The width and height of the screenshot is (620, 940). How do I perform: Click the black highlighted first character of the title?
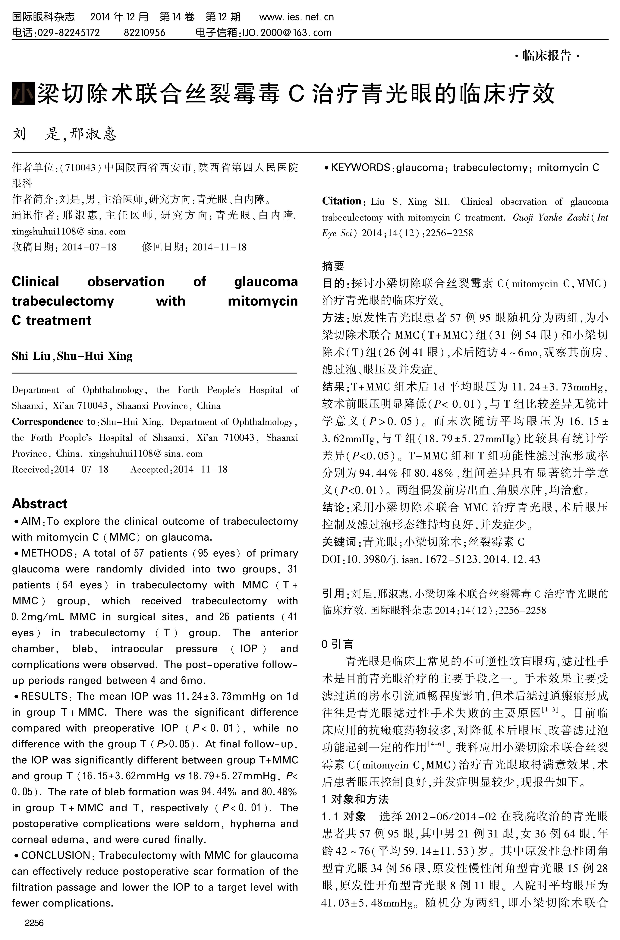(23, 94)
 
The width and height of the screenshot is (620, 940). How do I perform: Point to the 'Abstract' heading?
(39, 503)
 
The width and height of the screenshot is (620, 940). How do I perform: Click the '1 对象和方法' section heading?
(355, 799)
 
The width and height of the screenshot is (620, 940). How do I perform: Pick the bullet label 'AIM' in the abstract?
(31, 521)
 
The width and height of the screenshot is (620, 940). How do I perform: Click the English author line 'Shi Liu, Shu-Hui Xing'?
(72, 356)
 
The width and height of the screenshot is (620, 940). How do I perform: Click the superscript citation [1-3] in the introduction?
(552, 710)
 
